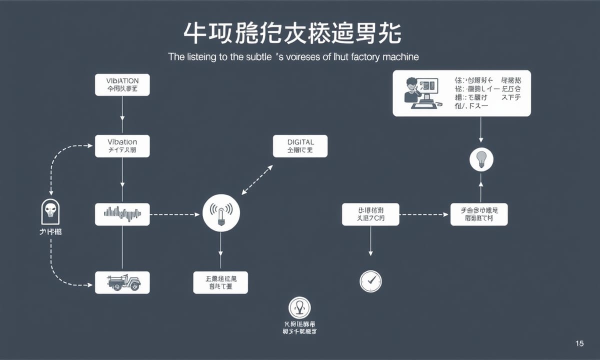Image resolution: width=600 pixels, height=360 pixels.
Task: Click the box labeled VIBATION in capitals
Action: click(122, 84)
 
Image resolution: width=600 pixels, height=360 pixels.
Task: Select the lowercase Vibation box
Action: click(122, 146)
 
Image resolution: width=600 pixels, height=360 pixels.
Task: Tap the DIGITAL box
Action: click(300, 146)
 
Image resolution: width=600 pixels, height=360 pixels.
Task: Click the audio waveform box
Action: click(122, 214)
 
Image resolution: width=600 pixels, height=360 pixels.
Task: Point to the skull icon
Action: click(50, 212)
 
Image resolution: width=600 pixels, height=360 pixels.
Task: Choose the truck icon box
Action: click(122, 282)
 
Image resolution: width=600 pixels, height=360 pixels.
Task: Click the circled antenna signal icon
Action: click(221, 213)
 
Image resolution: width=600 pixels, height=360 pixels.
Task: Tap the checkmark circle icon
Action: click(370, 281)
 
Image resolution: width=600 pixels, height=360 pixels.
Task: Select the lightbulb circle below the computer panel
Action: click(481, 159)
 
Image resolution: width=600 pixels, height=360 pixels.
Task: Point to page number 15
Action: click(579, 343)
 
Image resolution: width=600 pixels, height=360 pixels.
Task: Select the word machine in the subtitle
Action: click(400, 57)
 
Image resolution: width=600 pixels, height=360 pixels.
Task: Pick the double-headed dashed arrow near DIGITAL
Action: click(257, 180)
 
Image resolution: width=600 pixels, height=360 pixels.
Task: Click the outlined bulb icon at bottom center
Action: click(299, 308)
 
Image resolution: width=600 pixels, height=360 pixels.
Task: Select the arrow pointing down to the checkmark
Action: click(370, 242)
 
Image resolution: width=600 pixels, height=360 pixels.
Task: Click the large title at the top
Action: click(292, 33)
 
